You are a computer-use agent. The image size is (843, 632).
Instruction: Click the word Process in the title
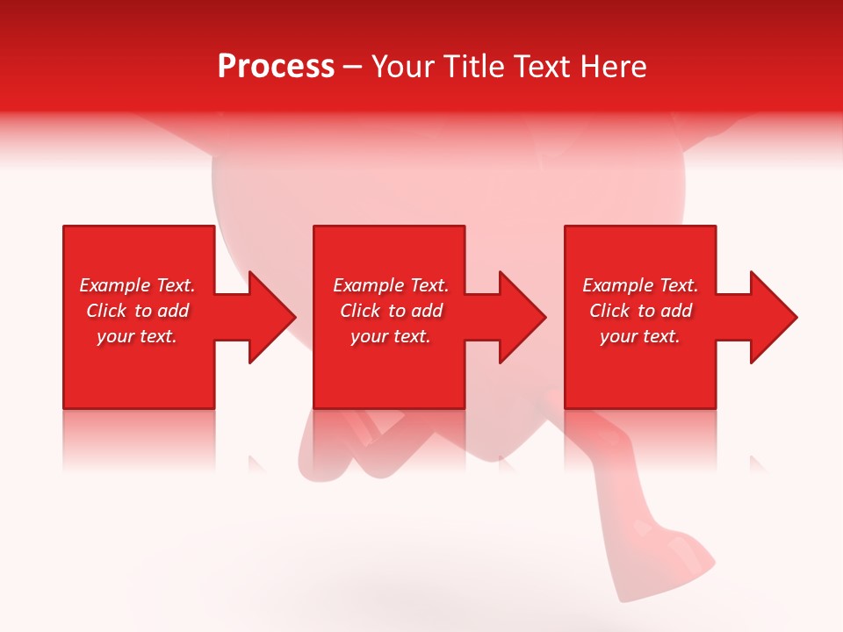(276, 67)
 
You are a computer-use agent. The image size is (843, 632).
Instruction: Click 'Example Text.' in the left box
(137, 285)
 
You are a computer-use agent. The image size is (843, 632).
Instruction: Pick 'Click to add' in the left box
(137, 311)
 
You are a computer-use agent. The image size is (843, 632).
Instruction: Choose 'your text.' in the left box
(137, 336)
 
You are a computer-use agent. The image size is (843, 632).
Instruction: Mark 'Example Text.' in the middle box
(390, 285)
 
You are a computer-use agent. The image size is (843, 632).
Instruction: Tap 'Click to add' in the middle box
(390, 311)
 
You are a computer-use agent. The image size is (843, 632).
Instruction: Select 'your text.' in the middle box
(390, 336)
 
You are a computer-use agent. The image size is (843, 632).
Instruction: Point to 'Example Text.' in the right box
(640, 285)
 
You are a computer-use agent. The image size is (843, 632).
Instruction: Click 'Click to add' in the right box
(640, 311)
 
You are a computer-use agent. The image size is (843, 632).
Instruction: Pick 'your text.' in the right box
(640, 336)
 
